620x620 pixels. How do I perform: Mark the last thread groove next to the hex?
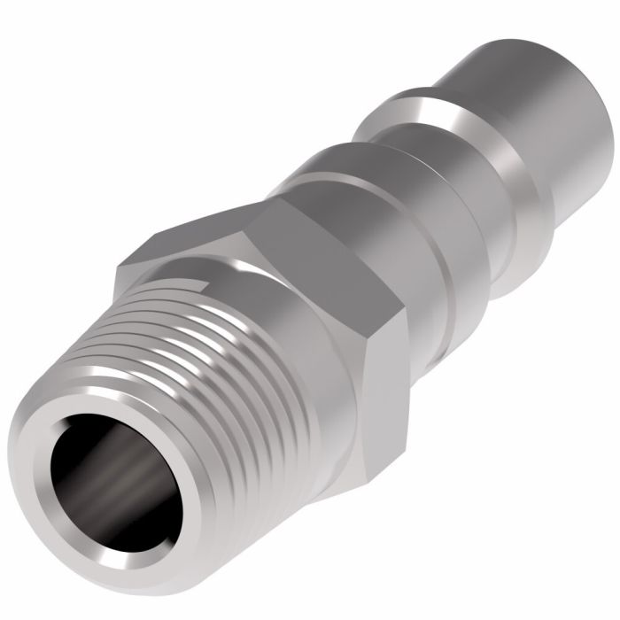[x=266, y=292]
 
